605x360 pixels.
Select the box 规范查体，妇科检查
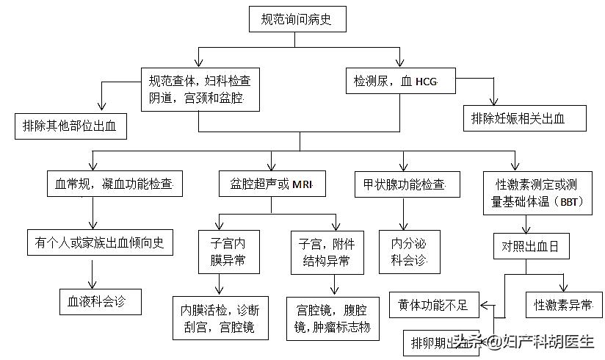click(x=200, y=88)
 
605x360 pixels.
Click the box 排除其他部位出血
click(x=71, y=126)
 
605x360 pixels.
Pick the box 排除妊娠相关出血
click(x=524, y=118)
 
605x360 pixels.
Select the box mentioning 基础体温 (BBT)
click(x=537, y=193)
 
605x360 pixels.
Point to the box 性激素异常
click(x=563, y=303)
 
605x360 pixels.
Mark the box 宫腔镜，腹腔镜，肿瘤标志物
click(x=333, y=317)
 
